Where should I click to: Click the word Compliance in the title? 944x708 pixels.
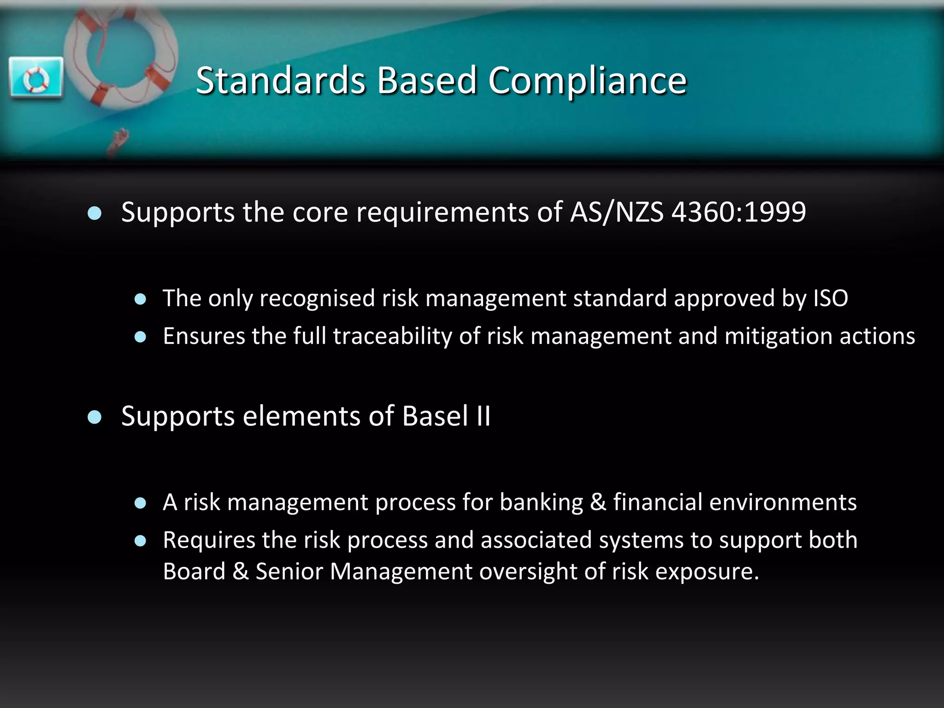pyautogui.click(x=587, y=81)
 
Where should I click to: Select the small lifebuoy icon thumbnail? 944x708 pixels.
pyautogui.click(x=36, y=77)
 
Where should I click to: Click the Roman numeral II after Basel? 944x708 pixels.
pyautogui.click(x=484, y=416)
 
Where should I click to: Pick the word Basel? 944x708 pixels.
pyautogui.click(x=435, y=416)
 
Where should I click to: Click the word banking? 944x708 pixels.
pyautogui.click(x=541, y=502)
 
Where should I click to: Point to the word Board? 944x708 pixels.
pyautogui.click(x=194, y=572)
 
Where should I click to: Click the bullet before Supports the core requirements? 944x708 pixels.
pyautogui.click(x=94, y=213)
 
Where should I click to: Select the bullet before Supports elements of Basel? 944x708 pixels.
pyautogui.click(x=94, y=418)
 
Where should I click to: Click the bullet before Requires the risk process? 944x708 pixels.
pyautogui.click(x=140, y=541)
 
